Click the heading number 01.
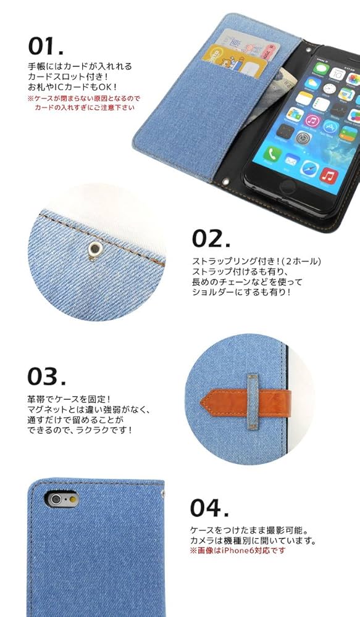pyautogui.click(x=46, y=46)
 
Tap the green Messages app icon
pyautogui.click(x=320, y=68)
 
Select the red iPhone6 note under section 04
pyautogui.click(x=238, y=550)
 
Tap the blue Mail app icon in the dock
pyautogui.click(x=290, y=160)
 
